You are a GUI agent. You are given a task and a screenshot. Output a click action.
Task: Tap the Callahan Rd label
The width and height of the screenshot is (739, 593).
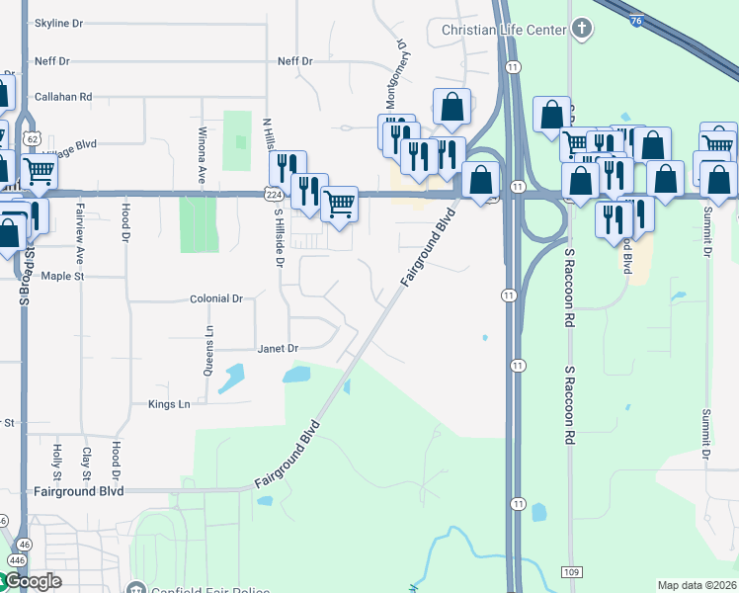tap(63, 97)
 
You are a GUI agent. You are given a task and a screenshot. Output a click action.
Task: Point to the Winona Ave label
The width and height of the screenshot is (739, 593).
tap(203, 156)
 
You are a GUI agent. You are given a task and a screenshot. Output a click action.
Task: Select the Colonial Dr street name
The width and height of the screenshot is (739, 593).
tap(215, 298)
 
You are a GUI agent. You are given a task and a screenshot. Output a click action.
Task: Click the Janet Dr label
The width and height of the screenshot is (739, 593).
tap(278, 348)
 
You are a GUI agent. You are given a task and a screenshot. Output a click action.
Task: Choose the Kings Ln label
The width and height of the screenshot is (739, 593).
tap(168, 404)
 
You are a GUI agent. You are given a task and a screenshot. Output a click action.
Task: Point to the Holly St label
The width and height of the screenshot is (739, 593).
tap(57, 457)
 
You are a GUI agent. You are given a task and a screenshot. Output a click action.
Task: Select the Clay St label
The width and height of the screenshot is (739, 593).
tap(87, 457)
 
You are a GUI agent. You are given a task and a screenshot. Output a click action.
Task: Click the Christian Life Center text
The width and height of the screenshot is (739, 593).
tap(503, 30)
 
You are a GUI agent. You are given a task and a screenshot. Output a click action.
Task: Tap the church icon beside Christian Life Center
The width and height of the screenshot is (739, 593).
tap(582, 29)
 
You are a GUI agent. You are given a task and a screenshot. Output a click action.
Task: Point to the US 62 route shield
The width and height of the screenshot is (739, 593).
tap(33, 139)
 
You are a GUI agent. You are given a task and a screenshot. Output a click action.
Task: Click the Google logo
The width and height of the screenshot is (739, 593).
tap(32, 581)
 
